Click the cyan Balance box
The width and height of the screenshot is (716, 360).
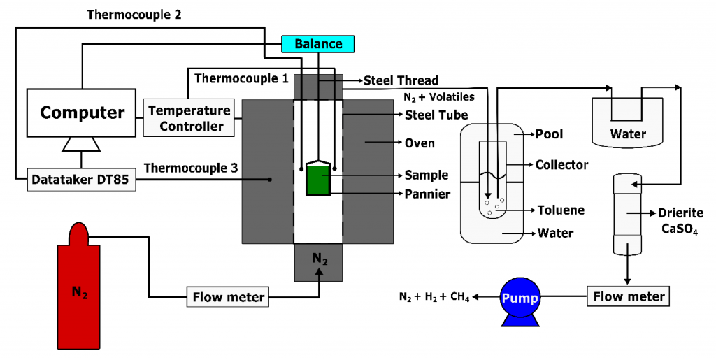tap(318, 44)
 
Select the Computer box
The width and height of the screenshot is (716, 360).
tap(81, 113)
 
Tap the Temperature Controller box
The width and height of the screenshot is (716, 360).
tap(189, 117)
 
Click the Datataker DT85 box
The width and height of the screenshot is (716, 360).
tap(81, 180)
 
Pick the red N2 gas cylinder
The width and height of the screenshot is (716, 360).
tap(79, 287)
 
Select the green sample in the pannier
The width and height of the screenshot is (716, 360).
tap(317, 180)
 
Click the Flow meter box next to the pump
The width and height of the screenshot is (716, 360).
tap(629, 296)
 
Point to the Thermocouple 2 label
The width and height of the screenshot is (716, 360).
tap(134, 15)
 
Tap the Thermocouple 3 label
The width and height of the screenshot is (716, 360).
tap(191, 168)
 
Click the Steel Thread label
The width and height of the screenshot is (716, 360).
tap(401, 81)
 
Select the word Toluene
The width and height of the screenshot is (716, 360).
tap(561, 210)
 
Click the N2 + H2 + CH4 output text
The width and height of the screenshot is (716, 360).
tap(434, 298)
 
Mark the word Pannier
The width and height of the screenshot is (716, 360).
tap(427, 194)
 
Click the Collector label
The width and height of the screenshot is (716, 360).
tap(561, 164)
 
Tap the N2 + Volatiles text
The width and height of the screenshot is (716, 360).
tap(439, 96)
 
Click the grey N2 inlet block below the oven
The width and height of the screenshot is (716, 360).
tap(318, 262)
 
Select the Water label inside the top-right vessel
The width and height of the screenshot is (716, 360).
tap(629, 134)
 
